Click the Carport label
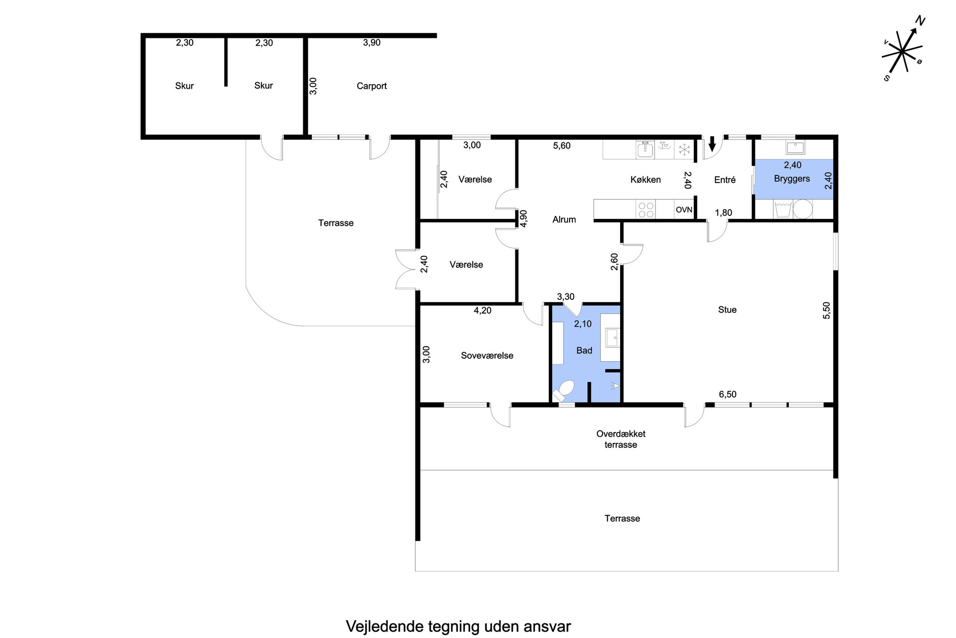[372, 86]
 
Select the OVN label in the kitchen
[684, 210]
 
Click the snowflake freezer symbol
[684, 150]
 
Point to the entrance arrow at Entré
[712, 144]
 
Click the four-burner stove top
[646, 210]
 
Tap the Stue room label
[727, 310]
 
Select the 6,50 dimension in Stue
[728, 394]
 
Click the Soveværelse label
[487, 355]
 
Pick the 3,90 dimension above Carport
[372, 42]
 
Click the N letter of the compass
[920, 21]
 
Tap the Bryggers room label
[792, 179]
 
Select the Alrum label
[564, 219]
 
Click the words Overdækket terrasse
[621, 439]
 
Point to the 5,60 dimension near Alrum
[562, 146]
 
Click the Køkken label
[646, 179]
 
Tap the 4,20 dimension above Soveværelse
[482, 311]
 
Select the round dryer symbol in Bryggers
[803, 209]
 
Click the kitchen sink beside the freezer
[645, 150]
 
